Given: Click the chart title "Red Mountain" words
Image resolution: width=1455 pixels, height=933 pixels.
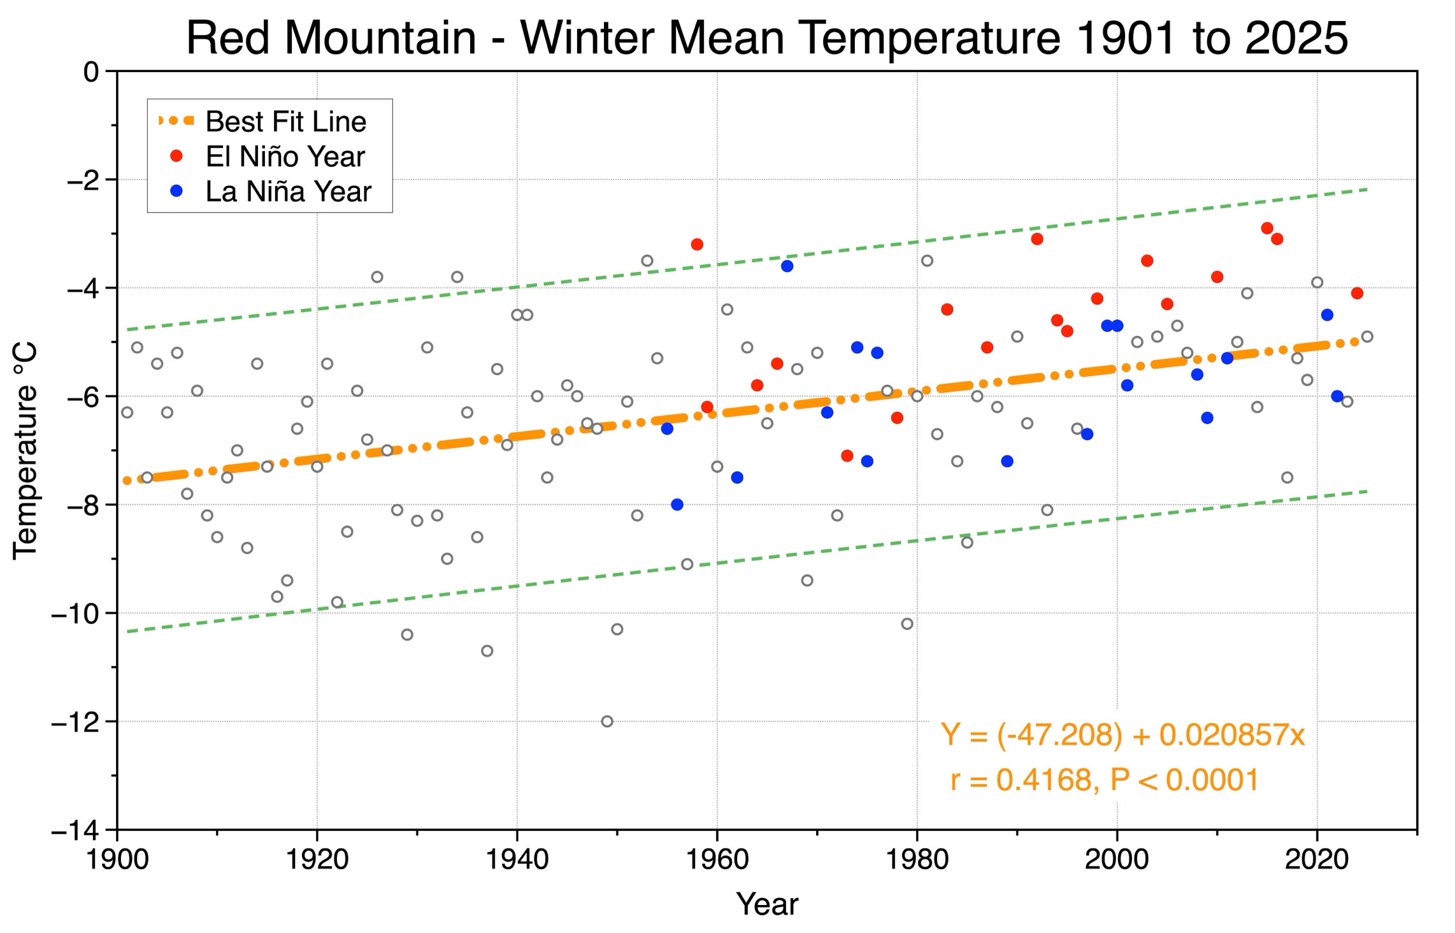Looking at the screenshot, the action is click(331, 38).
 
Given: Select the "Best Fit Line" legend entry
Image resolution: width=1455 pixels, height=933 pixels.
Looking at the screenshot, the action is click(262, 121).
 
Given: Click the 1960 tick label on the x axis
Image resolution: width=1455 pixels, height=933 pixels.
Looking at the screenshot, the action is click(717, 860).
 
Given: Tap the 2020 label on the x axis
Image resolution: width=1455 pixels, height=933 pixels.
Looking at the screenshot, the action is click(1317, 860).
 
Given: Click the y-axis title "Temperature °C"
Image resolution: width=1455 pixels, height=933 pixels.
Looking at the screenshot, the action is click(25, 451).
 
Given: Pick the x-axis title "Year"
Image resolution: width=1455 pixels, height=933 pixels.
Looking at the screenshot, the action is click(767, 904).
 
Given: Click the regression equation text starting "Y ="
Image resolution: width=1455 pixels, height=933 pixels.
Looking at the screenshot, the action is click(1122, 735).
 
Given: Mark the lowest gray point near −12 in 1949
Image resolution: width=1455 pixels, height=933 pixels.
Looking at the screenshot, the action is click(607, 721).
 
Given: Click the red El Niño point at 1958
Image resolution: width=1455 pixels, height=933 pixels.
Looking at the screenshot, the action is click(697, 245).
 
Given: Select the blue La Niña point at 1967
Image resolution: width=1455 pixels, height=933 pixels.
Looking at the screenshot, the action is click(787, 266).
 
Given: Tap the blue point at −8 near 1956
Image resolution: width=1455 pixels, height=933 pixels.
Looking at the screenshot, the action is click(677, 505).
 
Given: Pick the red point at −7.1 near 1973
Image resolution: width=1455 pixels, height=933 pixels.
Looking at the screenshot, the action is click(847, 456).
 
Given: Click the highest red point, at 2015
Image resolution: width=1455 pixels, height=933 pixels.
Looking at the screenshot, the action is click(1267, 228).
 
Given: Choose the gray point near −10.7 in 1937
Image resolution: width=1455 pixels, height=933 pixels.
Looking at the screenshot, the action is click(487, 651).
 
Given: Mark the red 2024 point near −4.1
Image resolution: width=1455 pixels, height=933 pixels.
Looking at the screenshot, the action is click(1357, 293).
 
